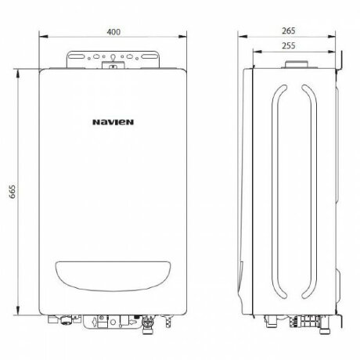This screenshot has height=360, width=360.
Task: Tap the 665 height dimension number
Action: (13, 193)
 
